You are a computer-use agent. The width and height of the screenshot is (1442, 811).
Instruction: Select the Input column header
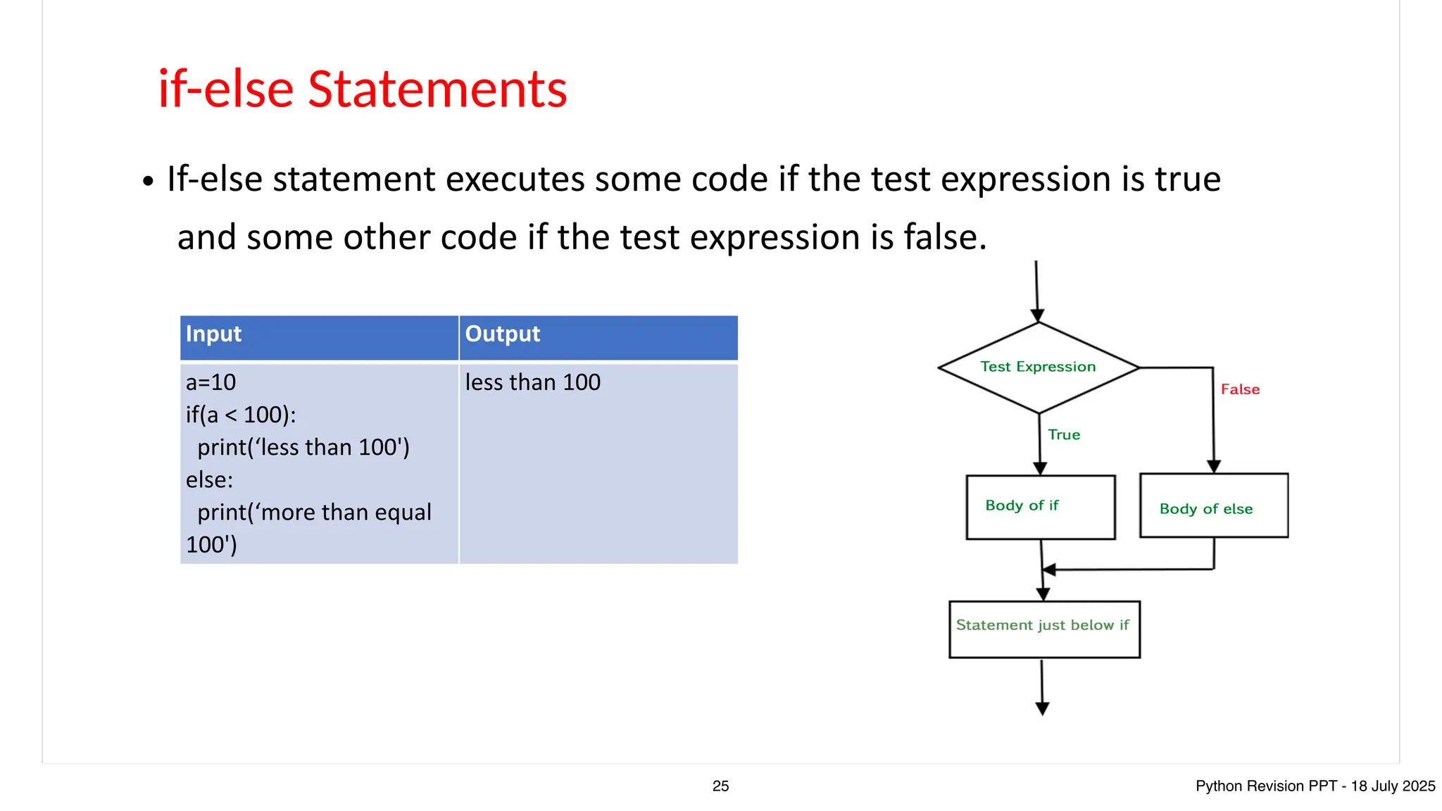pyautogui.click(x=213, y=334)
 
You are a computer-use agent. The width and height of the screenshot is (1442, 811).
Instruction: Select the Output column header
pyautogui.click(x=502, y=334)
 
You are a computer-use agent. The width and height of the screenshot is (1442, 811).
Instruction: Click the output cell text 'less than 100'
pyautogui.click(x=532, y=382)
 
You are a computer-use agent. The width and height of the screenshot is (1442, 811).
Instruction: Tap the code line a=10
pyautogui.click(x=211, y=382)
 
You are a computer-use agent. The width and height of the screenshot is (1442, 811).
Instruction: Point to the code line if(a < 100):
pyautogui.click(x=241, y=415)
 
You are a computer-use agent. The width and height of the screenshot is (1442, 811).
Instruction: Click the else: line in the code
pyautogui.click(x=209, y=479)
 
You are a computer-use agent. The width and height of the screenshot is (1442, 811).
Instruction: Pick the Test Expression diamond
pyautogui.click(x=1038, y=367)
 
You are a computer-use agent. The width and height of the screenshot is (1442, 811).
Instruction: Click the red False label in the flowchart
pyautogui.click(x=1240, y=389)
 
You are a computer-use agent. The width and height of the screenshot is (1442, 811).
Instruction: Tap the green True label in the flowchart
pyautogui.click(x=1063, y=435)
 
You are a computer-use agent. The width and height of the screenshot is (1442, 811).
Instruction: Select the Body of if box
pyautogui.click(x=1040, y=507)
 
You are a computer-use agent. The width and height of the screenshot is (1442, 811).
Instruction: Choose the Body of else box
pyautogui.click(x=1213, y=506)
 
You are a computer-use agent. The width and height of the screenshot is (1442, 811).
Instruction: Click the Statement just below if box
pyautogui.click(x=1043, y=629)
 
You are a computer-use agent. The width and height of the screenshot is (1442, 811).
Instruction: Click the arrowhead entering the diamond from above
pyautogui.click(x=1037, y=315)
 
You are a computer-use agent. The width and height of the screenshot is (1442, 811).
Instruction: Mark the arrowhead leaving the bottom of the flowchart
pyautogui.click(x=1043, y=708)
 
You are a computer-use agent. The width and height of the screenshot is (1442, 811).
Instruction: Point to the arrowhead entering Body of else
pyautogui.click(x=1214, y=466)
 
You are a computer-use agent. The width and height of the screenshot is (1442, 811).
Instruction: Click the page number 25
pyautogui.click(x=720, y=786)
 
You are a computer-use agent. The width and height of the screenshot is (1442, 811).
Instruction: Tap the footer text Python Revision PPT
pyautogui.click(x=1265, y=786)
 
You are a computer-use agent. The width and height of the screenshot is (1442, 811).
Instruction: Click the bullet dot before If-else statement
pyautogui.click(x=147, y=182)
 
